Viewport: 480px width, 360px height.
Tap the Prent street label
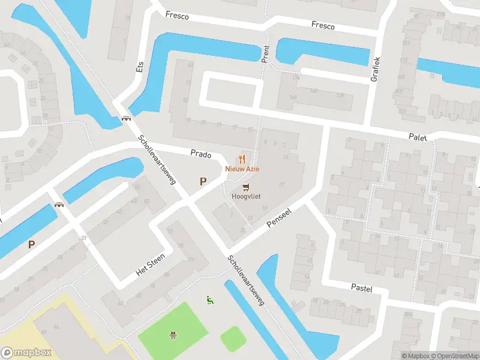pos(265,53)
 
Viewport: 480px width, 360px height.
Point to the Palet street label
pos(419,137)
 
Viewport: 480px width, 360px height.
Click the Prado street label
pos(201,154)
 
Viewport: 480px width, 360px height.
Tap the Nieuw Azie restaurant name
pos(242,169)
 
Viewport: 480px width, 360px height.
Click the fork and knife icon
pos(242,159)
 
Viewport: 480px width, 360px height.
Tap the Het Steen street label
pos(150,263)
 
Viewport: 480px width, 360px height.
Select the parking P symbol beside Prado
pos(203,181)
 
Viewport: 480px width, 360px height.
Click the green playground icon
pos(210,299)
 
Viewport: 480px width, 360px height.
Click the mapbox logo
pos(27,352)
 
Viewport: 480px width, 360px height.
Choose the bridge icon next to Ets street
pos(126,119)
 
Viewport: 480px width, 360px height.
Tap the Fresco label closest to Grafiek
pos(323,25)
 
